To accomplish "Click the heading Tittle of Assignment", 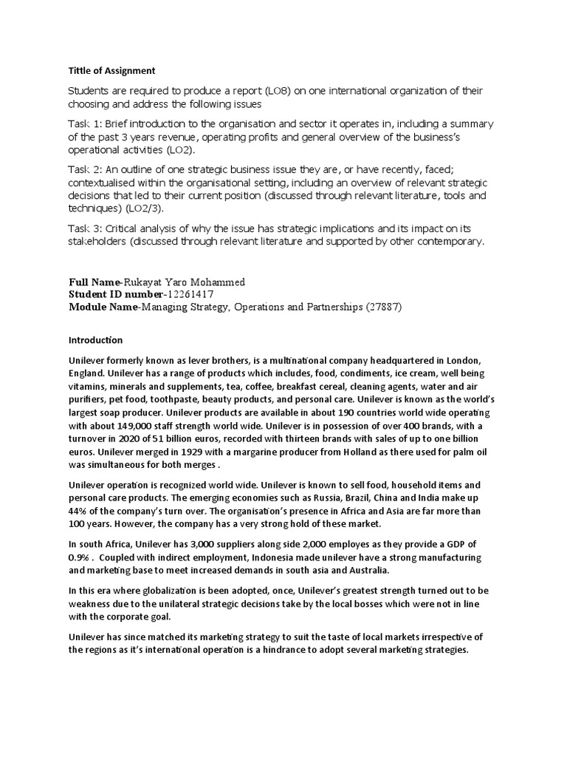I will (x=112, y=71).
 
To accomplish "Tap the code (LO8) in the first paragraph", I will (x=276, y=91).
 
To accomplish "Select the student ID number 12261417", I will (x=191, y=295).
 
